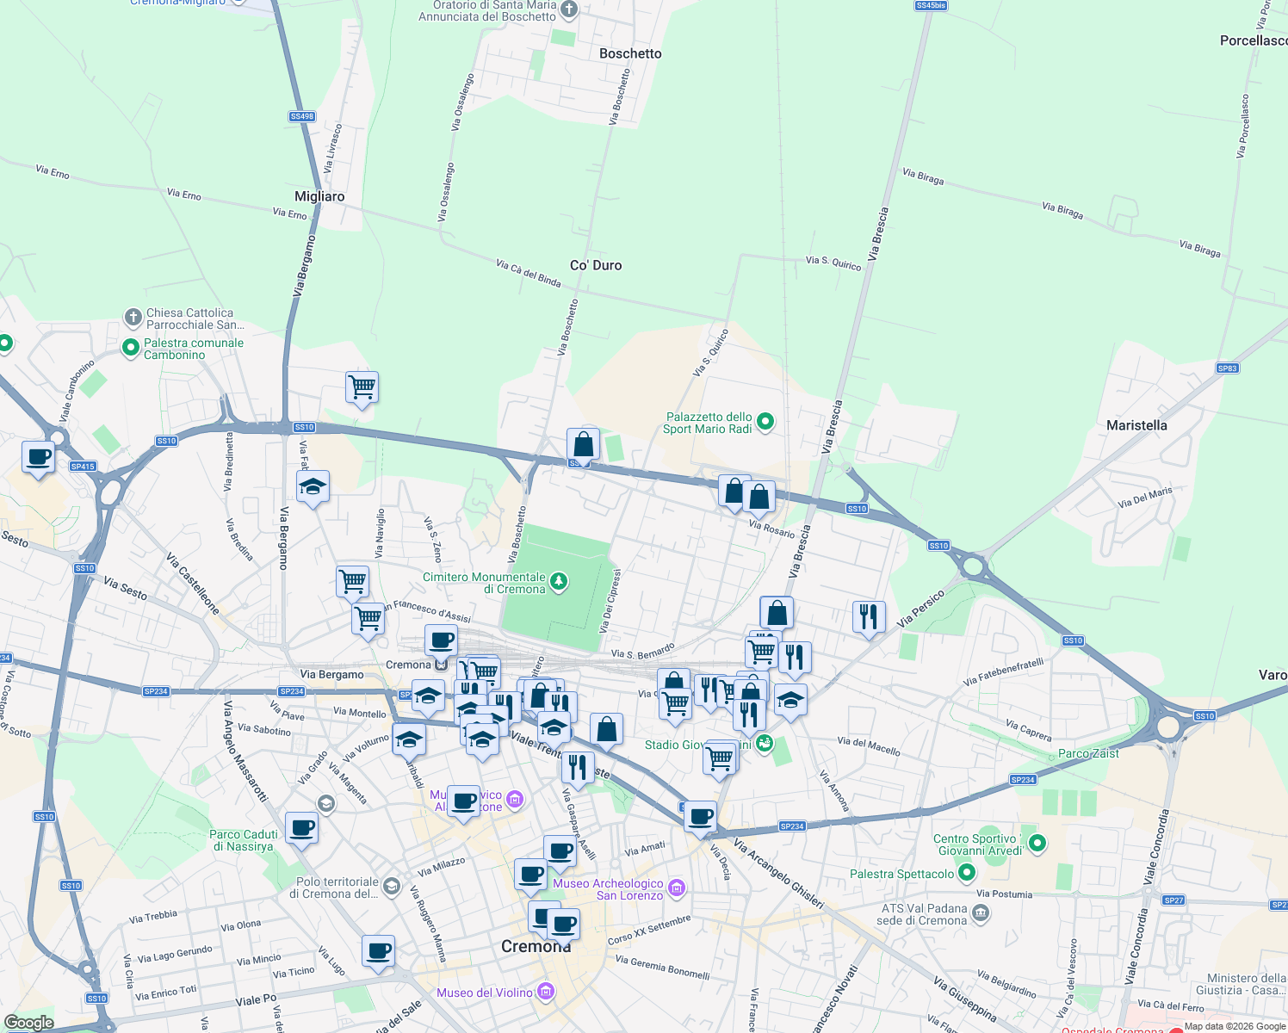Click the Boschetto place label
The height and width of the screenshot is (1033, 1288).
coord(630,53)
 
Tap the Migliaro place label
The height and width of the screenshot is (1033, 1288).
coord(319,196)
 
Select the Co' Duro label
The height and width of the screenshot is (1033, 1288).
coord(596,265)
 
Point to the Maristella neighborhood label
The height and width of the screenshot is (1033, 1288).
coord(1136,425)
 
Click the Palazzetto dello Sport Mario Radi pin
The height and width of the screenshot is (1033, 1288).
coord(765,422)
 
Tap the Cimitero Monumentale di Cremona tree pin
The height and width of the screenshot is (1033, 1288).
coord(559,583)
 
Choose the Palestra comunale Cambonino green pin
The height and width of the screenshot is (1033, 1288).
coord(131,348)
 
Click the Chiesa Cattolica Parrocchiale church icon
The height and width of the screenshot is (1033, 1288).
coord(133,318)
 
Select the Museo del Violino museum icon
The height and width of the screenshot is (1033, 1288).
coord(545,993)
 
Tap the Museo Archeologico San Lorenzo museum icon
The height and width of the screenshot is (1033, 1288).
coord(677,888)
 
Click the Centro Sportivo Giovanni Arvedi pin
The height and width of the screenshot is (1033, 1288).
coord(1037,844)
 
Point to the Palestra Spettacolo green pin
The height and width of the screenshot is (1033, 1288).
coord(967,873)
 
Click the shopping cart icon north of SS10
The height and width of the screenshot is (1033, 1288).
coord(362,387)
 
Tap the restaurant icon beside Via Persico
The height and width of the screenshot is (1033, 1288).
coord(869,616)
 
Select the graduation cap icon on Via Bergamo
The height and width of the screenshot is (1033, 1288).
coord(313,487)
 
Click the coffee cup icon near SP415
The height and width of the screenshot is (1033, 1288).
coord(38,457)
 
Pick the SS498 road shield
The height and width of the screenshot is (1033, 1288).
coord(302,116)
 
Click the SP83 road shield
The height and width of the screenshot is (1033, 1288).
coord(1227,368)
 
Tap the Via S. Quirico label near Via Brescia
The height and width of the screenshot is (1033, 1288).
coord(833,262)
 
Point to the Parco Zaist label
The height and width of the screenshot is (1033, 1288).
coord(1088,753)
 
